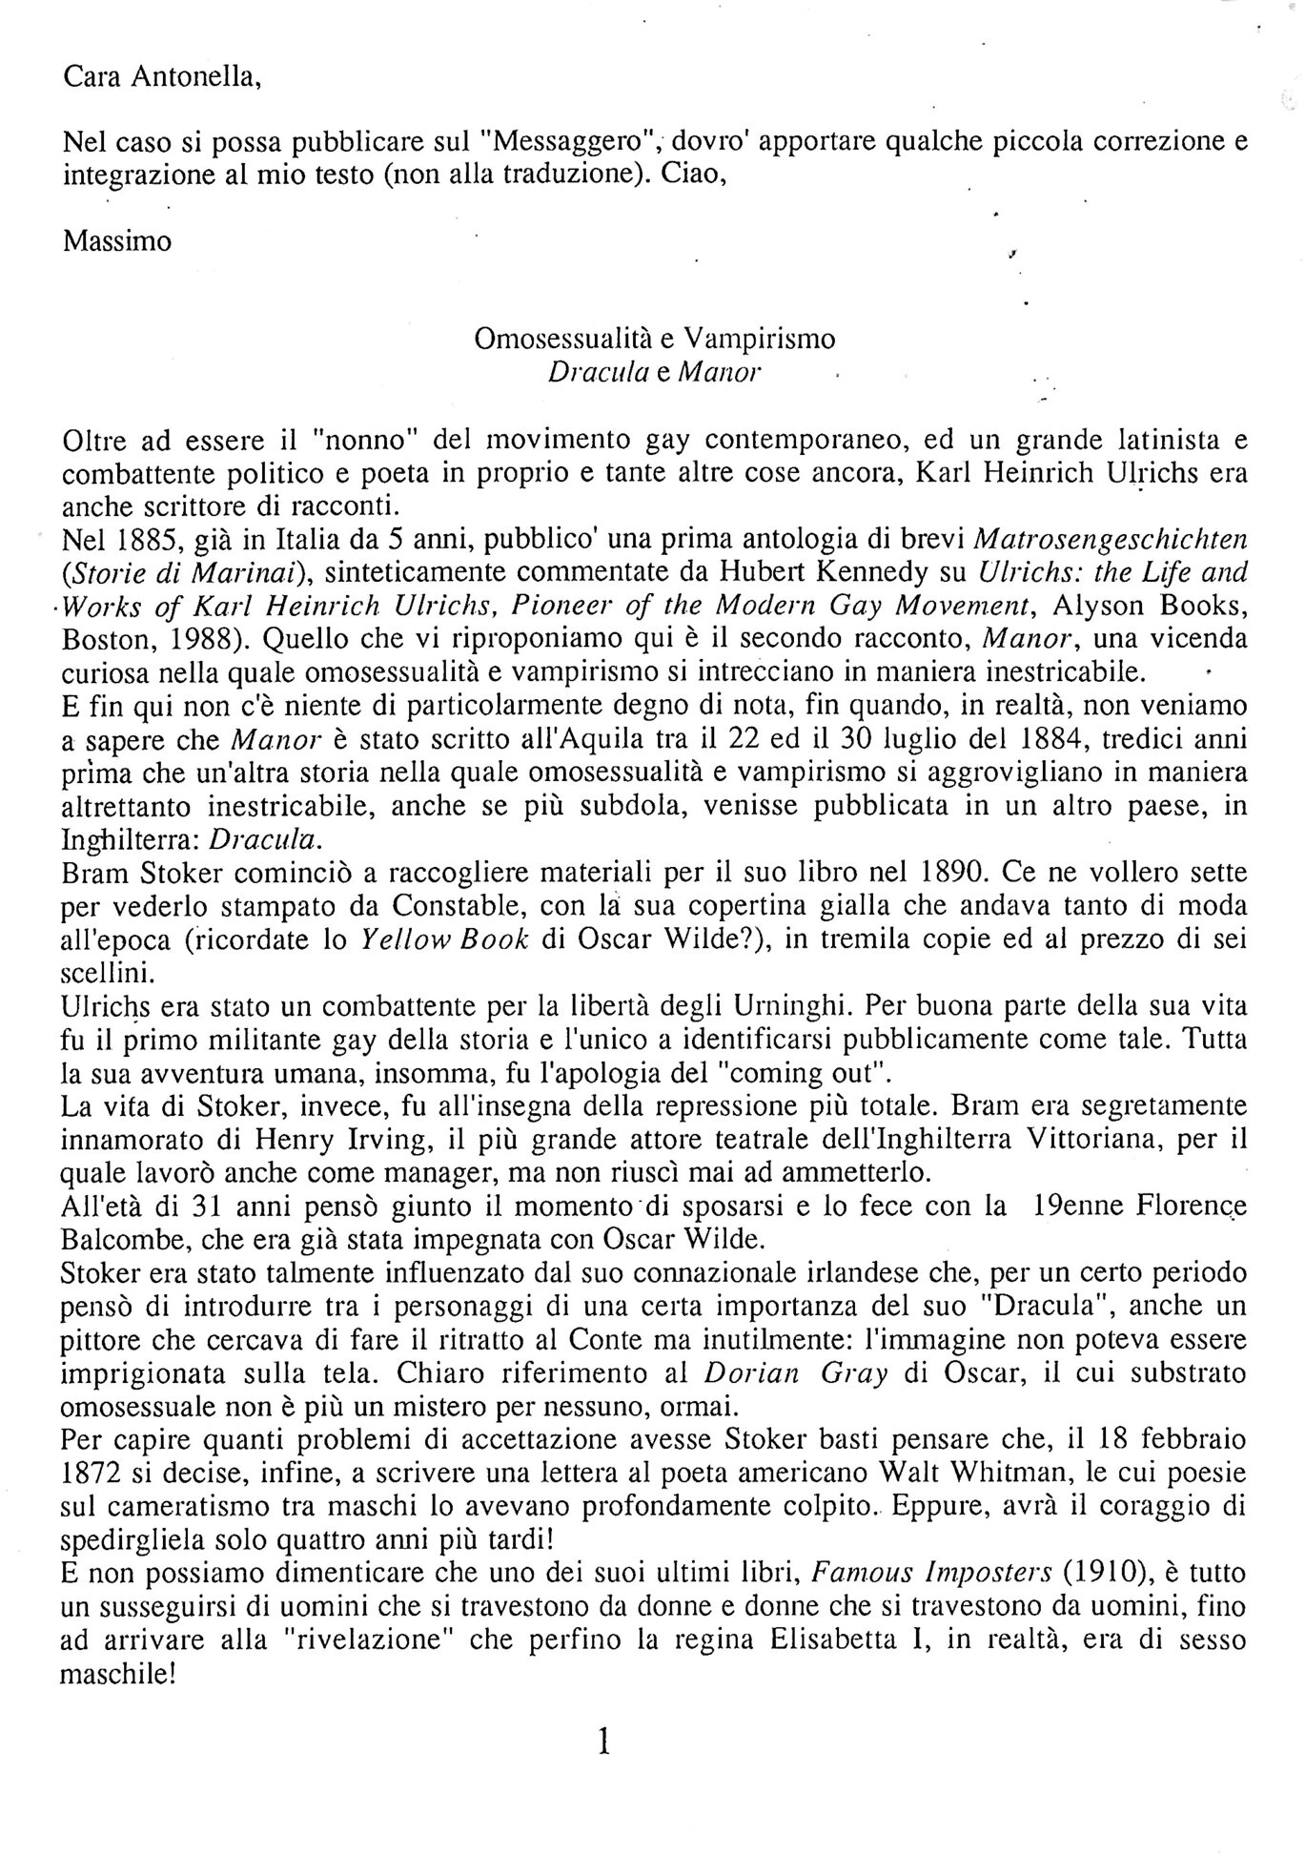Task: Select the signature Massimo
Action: coord(117,241)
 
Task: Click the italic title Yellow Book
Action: coord(445,939)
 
